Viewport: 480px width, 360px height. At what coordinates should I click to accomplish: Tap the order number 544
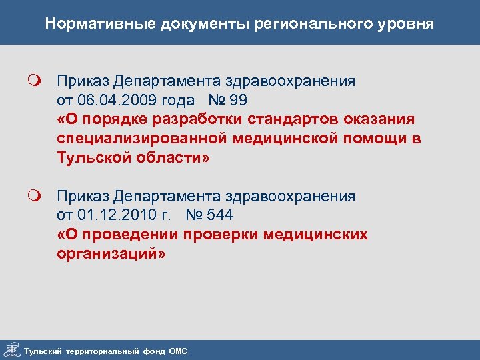pos(219,215)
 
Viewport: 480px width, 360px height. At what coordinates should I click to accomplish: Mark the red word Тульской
pos(91,159)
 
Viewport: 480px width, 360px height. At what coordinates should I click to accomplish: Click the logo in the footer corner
pos(11,350)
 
